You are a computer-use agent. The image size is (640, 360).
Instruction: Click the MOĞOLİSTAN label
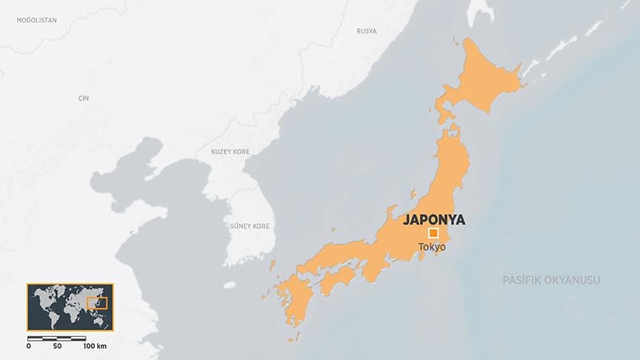click(36, 20)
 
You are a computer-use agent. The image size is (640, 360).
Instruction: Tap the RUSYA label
click(366, 31)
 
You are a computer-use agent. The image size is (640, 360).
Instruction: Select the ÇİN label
click(83, 99)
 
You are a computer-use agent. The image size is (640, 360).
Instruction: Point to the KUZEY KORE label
click(230, 152)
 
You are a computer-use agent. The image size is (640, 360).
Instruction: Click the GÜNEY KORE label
click(250, 226)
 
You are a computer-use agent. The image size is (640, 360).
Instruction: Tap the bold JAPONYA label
click(434, 219)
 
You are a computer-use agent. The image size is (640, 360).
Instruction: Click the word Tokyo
click(432, 247)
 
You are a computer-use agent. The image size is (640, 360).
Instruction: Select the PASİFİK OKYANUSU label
click(551, 280)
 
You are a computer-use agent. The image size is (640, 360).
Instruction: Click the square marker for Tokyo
click(433, 233)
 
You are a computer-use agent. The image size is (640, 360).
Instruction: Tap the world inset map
click(70, 307)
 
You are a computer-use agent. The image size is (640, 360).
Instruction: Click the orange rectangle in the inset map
click(97, 302)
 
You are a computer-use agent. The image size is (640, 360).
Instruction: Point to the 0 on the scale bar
click(29, 347)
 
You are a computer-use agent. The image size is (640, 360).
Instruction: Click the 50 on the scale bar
click(57, 347)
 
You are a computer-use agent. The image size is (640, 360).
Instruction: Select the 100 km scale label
click(94, 347)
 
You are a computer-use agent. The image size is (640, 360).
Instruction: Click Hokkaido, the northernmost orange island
click(481, 81)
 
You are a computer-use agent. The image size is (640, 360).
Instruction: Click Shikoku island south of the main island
click(336, 279)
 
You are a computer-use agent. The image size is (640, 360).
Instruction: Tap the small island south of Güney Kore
click(230, 284)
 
